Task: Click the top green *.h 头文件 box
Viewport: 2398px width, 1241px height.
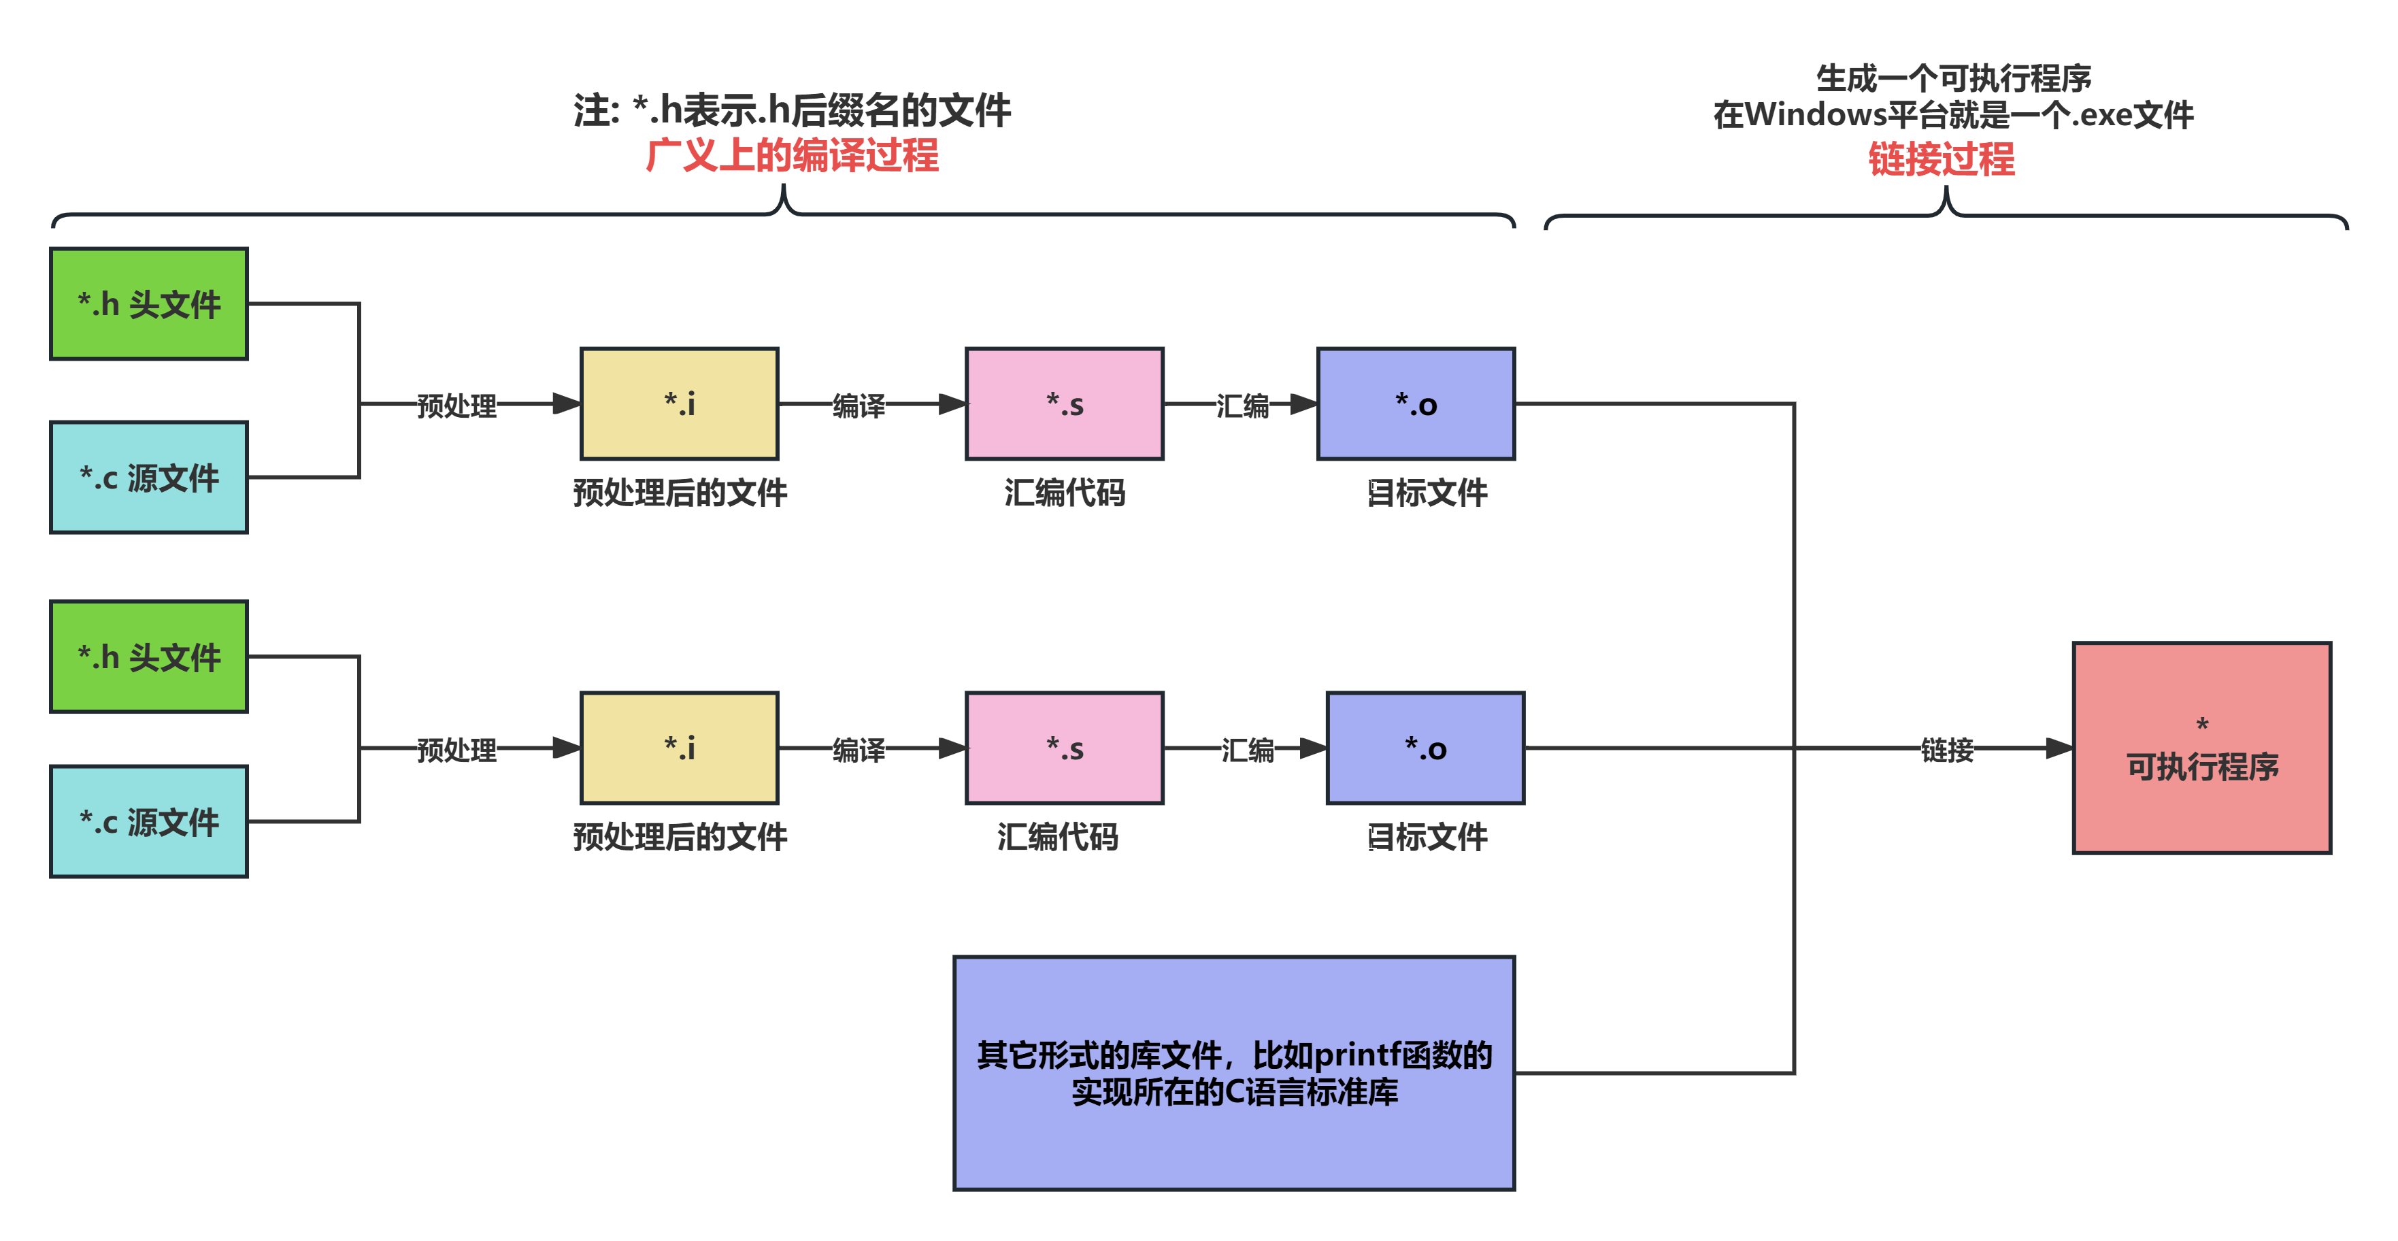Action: coord(149,303)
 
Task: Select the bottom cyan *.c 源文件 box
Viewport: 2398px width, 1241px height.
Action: coord(149,821)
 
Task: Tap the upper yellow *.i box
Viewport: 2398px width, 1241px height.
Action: coord(680,404)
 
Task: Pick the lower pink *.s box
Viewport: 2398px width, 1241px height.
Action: coord(1064,748)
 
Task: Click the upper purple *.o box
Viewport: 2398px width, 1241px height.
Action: coord(1416,404)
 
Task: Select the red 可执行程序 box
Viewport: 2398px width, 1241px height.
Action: coord(2201,748)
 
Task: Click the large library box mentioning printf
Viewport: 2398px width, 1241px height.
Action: coord(1234,1072)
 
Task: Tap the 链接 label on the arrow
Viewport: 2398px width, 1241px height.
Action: coord(1946,748)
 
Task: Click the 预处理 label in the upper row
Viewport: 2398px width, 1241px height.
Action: coord(456,405)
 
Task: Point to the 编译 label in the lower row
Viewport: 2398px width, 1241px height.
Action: coord(859,748)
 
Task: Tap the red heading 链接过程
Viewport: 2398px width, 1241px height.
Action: coord(1941,159)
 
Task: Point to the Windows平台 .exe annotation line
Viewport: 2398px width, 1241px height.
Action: coord(1953,114)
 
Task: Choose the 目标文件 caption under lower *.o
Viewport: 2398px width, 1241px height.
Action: coord(1427,836)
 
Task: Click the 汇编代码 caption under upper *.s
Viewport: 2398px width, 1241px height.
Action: coord(1064,491)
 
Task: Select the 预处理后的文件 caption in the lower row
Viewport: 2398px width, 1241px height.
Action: coord(680,836)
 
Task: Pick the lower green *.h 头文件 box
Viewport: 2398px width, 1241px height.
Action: coord(149,657)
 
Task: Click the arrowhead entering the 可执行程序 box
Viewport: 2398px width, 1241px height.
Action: coord(2059,748)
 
